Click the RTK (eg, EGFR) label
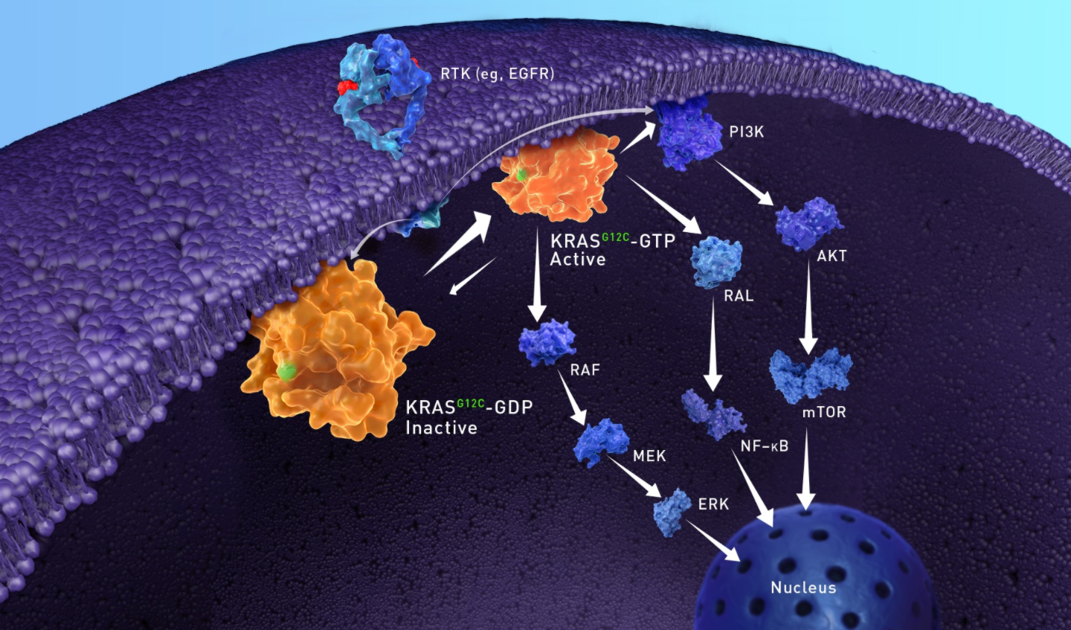(x=498, y=74)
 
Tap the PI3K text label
(x=747, y=132)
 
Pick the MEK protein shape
(x=601, y=442)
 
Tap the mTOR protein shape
(x=811, y=376)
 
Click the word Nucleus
(x=803, y=588)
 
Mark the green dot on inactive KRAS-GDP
(x=287, y=371)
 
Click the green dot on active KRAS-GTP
(x=522, y=175)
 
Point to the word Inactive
(x=441, y=428)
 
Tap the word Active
(x=578, y=259)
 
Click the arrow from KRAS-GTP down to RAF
(x=538, y=275)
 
